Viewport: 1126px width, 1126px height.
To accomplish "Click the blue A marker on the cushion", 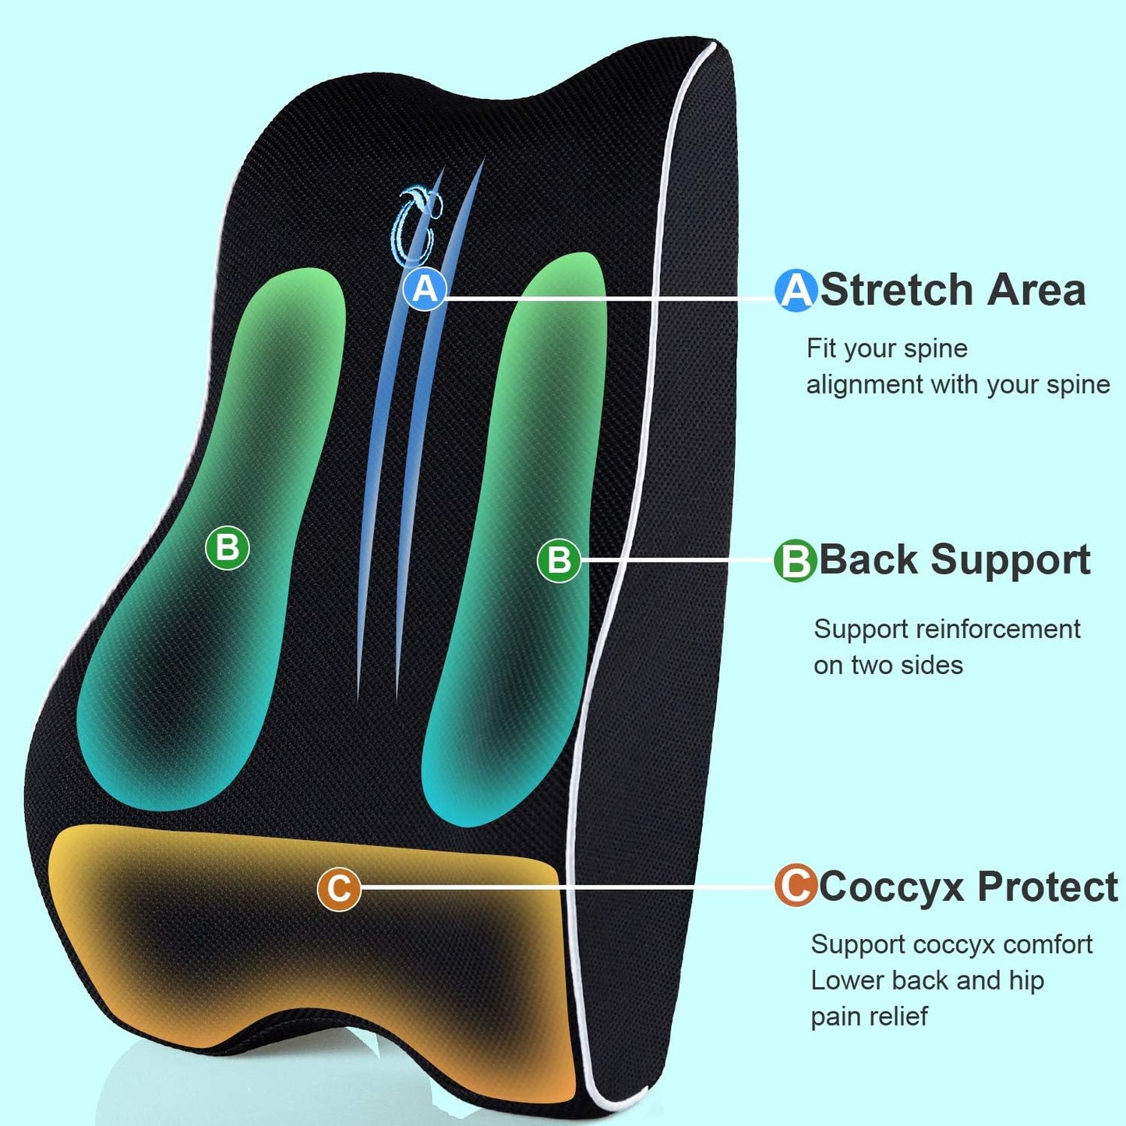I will click(425, 289).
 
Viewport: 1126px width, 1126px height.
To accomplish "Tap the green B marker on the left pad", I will click(227, 548).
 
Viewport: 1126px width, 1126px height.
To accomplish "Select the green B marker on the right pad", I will click(559, 560).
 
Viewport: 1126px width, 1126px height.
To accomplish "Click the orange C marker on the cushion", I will click(339, 888).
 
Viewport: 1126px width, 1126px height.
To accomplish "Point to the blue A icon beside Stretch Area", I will click(796, 291).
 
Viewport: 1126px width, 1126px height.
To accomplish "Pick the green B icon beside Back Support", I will click(795, 560).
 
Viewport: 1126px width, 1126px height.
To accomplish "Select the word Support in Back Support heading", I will click(1011, 560).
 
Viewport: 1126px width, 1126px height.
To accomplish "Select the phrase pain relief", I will click(869, 1016).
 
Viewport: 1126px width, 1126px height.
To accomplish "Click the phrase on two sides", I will click(888, 665).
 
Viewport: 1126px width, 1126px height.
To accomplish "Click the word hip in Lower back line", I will click(1026, 980).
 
